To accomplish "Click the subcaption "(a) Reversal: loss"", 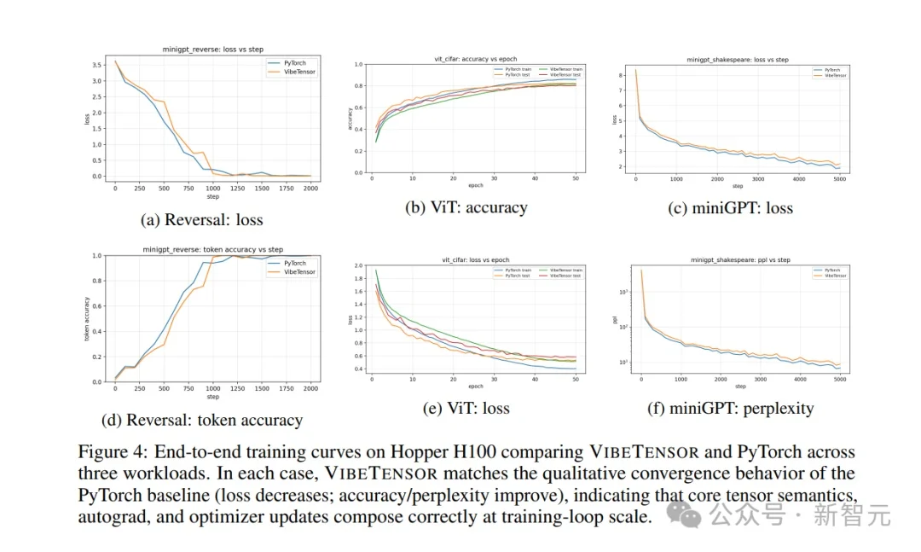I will pyautogui.click(x=201, y=219).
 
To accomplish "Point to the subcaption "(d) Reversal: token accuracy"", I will pyautogui.click(x=201, y=420).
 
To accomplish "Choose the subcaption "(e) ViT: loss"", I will pyautogui.click(x=466, y=408).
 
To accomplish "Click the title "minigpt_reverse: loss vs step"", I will pyautogui.click(x=213, y=51).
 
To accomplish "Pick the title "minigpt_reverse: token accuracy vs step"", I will pyautogui.click(x=213, y=249).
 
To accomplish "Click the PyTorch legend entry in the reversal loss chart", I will pyautogui.click(x=293, y=63).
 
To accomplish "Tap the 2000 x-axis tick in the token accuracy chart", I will pyautogui.click(x=310, y=388).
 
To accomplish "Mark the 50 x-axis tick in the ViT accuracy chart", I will pyautogui.click(x=576, y=179).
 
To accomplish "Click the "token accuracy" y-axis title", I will pyautogui.click(x=87, y=319).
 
